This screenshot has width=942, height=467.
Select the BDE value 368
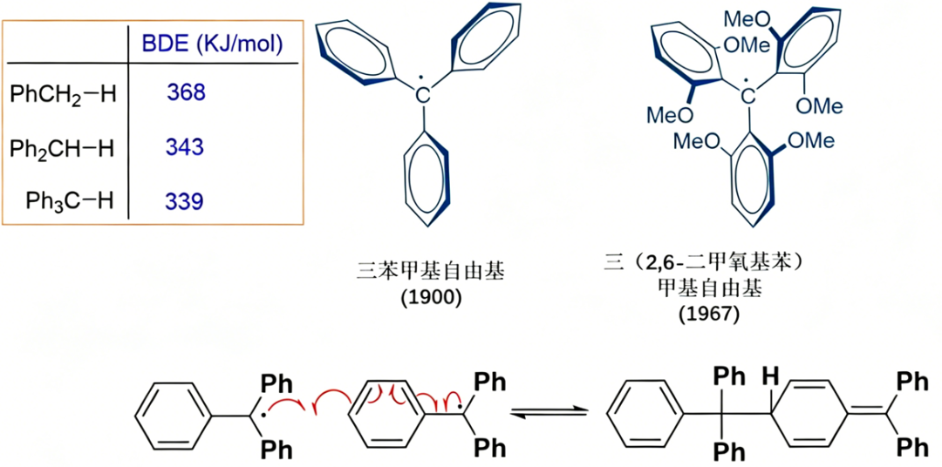187,92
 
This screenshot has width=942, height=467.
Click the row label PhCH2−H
63,94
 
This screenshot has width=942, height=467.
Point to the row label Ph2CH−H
63,148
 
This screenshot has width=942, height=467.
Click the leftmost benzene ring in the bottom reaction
174,412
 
